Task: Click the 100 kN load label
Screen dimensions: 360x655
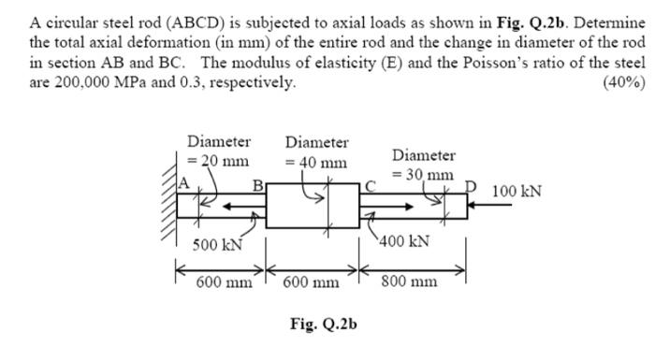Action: coord(518,192)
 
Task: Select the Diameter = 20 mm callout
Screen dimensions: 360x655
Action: coord(219,151)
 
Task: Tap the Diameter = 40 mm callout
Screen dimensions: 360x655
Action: coord(317,152)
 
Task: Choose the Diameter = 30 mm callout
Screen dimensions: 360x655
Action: coord(424,165)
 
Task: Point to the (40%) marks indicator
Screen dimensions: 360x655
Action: coord(624,81)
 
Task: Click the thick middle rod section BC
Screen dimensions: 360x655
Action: coord(313,206)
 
